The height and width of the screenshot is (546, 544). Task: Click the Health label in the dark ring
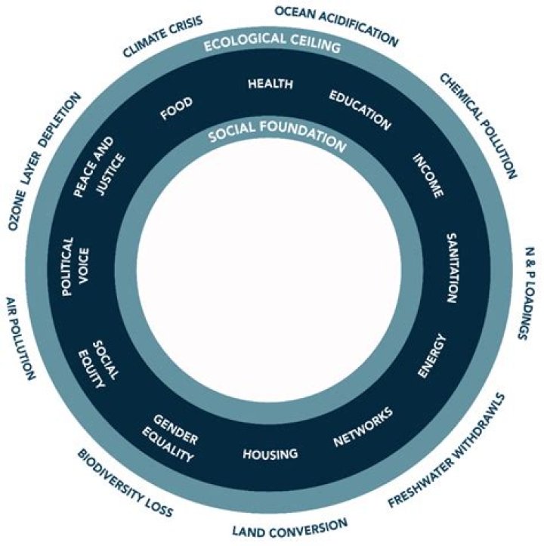(x=270, y=84)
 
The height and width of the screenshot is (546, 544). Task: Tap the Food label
(x=176, y=108)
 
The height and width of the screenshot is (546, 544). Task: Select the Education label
(x=360, y=110)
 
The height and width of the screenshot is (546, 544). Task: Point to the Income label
(x=428, y=175)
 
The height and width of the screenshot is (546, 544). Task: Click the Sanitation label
(x=452, y=268)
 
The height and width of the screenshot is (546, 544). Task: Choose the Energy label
(x=432, y=356)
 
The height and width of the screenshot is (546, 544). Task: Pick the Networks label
(x=363, y=427)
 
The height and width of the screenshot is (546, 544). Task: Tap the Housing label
(x=270, y=454)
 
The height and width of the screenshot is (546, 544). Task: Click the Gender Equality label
(x=171, y=439)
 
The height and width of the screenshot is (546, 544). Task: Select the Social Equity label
(x=98, y=364)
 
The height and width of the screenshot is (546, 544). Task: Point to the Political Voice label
(x=76, y=267)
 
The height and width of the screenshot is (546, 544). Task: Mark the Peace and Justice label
(x=99, y=168)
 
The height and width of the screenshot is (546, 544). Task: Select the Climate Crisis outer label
(x=162, y=36)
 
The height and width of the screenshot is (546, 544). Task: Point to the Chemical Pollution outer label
(x=478, y=126)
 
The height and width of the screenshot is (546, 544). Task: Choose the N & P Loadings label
(x=526, y=293)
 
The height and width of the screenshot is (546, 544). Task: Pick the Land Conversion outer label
(x=290, y=528)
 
